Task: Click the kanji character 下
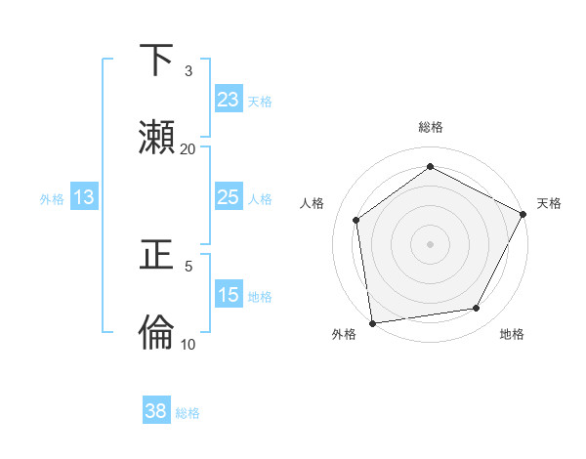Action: click(157, 61)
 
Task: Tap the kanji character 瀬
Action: click(157, 138)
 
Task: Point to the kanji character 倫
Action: click(157, 333)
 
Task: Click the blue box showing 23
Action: click(229, 100)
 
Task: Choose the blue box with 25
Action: click(229, 197)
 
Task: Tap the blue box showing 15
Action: click(229, 295)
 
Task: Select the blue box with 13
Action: click(84, 197)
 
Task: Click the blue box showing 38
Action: click(156, 411)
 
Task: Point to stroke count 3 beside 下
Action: click(188, 71)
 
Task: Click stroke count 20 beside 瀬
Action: click(188, 149)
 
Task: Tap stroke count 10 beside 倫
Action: click(188, 344)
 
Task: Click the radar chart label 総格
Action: click(431, 128)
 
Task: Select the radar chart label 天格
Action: click(549, 203)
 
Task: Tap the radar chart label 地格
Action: click(512, 334)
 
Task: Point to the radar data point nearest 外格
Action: click(372, 322)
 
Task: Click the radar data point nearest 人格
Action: click(356, 220)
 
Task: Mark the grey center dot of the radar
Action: click(431, 243)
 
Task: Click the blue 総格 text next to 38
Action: click(188, 413)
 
